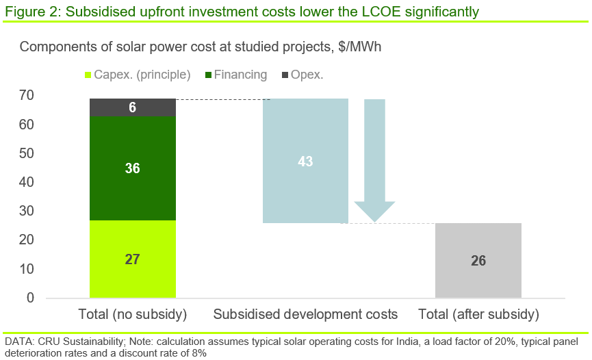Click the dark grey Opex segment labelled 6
[x=133, y=107]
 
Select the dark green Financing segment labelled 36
[x=133, y=168]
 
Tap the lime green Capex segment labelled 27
[x=133, y=259]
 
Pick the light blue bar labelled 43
[x=305, y=162]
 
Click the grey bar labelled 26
[x=478, y=261]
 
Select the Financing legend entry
[x=240, y=75]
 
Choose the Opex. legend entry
[x=306, y=75]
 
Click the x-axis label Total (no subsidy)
[x=133, y=316]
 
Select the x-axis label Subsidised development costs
[x=305, y=316]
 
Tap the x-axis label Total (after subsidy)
[x=478, y=316]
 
